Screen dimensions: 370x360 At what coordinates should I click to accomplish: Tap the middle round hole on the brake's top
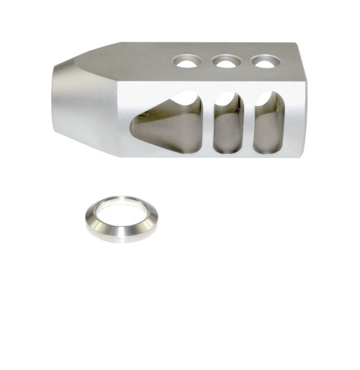[x=226, y=63]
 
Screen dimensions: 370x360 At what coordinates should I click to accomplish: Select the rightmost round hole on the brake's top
[x=265, y=63]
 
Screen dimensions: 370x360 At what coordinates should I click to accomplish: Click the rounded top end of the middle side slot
[x=228, y=96]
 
